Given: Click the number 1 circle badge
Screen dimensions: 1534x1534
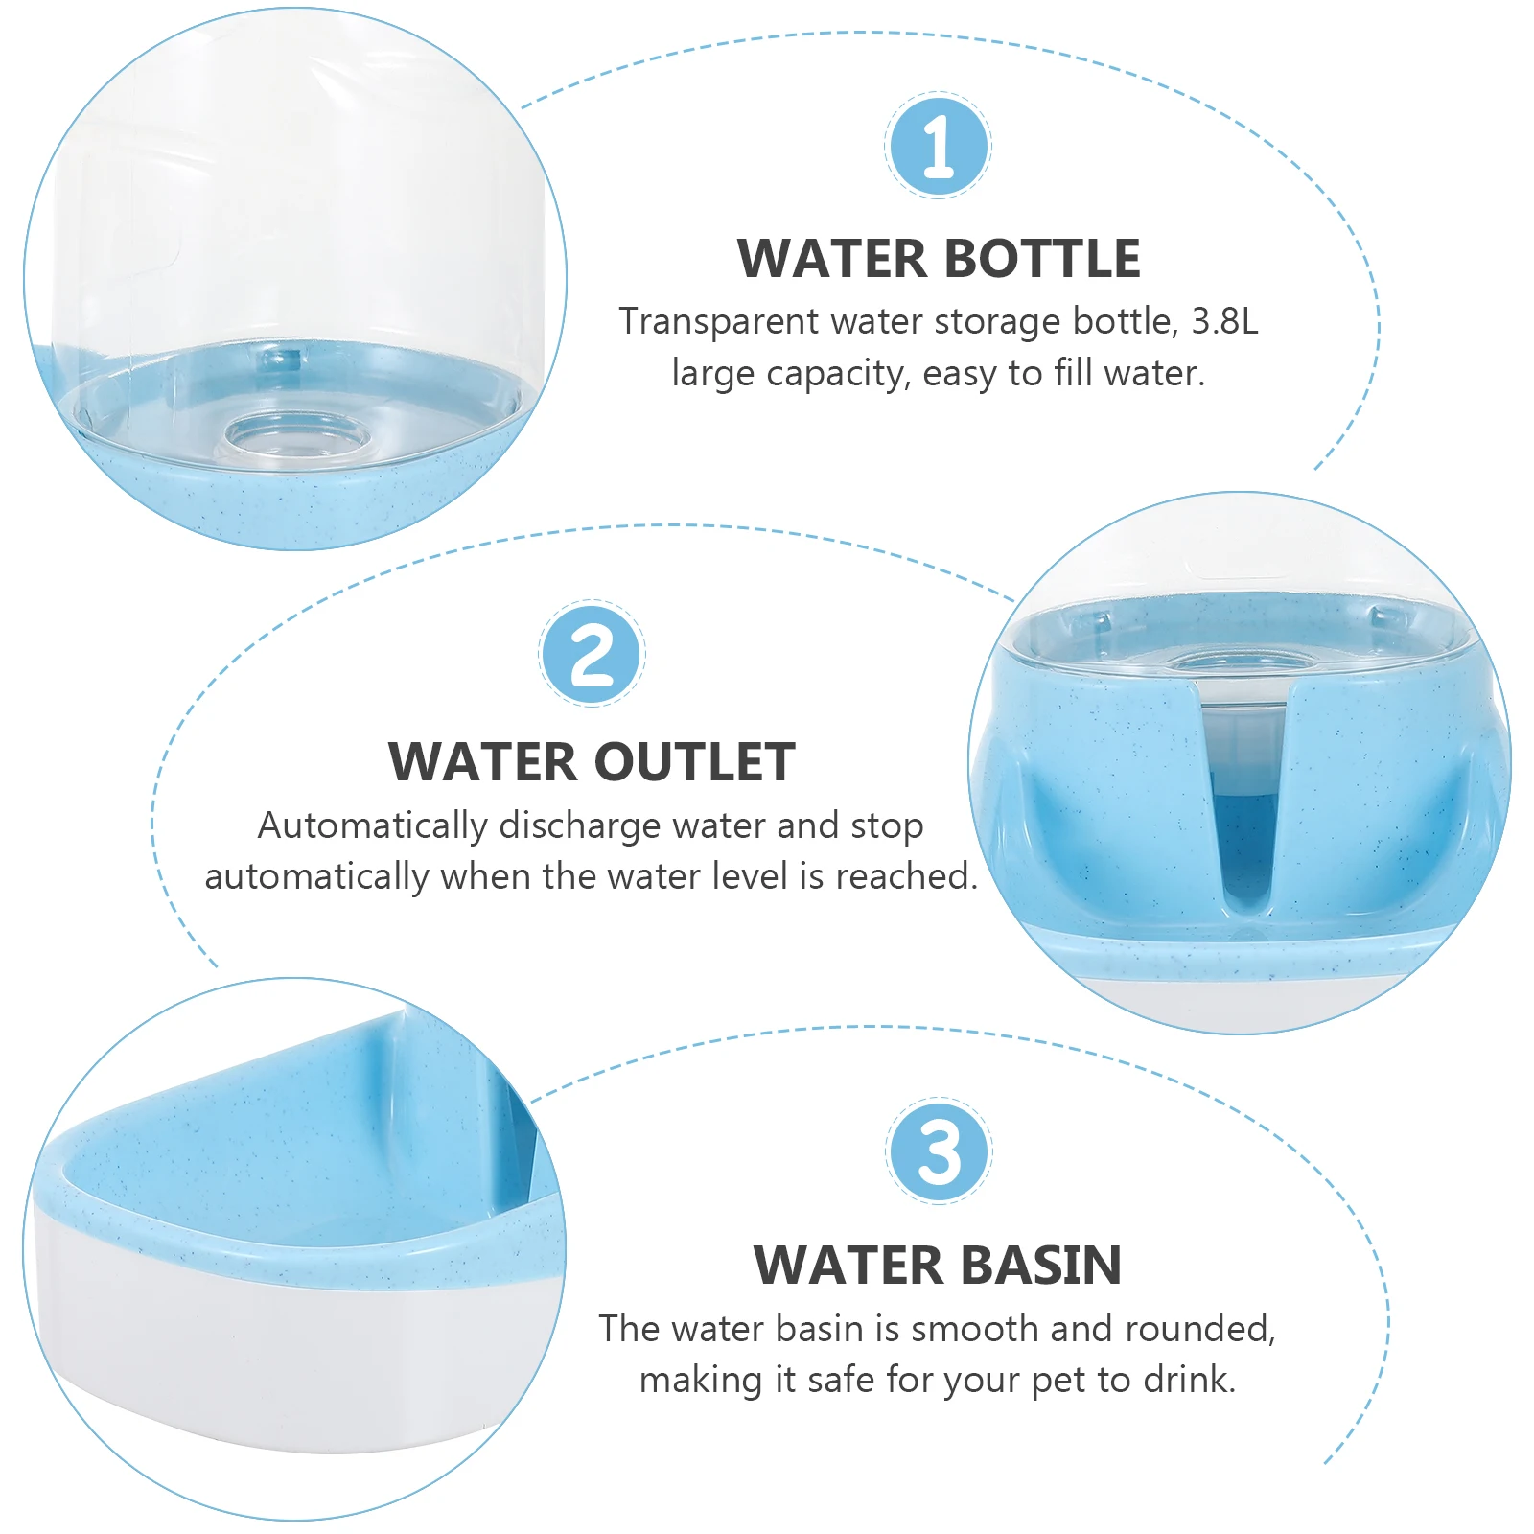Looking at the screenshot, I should click(x=938, y=146).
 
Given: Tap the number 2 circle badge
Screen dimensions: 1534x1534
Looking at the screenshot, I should click(x=592, y=654).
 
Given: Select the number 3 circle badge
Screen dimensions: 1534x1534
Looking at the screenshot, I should click(x=939, y=1151).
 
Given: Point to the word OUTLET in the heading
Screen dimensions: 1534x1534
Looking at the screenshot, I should click(x=698, y=763).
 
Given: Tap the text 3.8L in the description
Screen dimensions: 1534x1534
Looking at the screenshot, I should click(x=1224, y=322).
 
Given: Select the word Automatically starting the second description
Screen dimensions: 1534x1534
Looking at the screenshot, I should click(x=372, y=826).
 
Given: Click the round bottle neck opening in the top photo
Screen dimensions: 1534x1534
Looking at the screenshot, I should click(x=297, y=436).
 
